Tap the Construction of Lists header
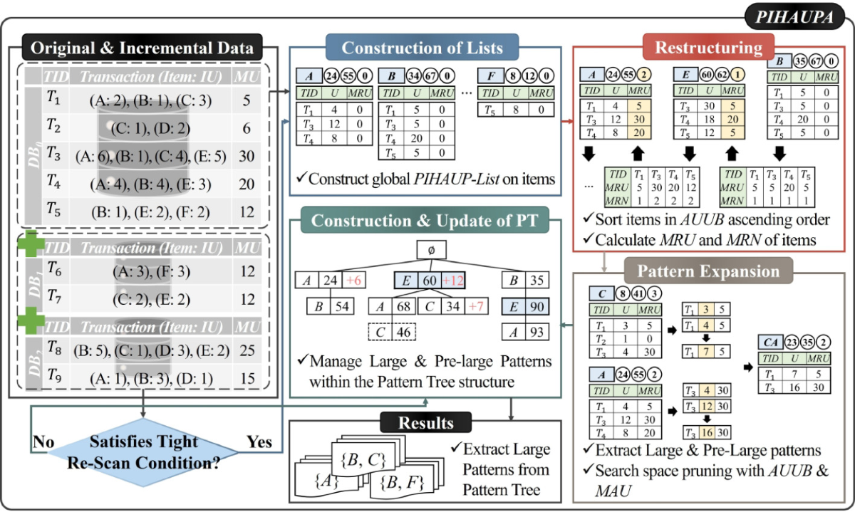[x=423, y=48]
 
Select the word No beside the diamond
[x=46, y=442]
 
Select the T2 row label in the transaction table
[x=53, y=126]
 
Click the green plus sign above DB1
[x=33, y=246]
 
